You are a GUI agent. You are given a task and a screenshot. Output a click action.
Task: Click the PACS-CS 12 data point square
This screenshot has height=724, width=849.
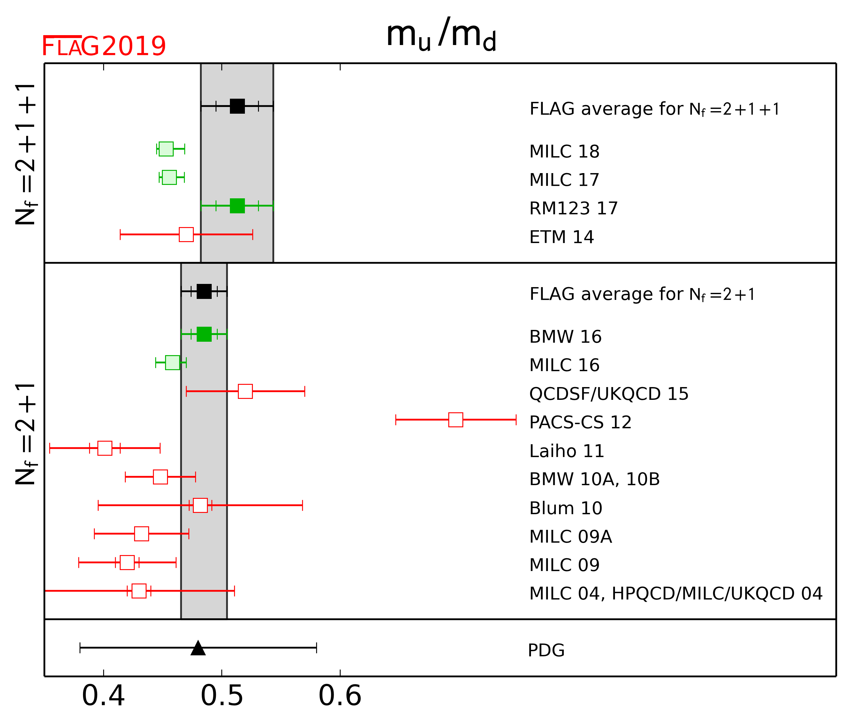(456, 420)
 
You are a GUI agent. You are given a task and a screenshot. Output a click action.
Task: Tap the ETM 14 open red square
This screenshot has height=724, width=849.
(186, 234)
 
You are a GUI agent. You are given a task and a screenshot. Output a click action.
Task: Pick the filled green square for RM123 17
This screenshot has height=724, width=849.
(237, 206)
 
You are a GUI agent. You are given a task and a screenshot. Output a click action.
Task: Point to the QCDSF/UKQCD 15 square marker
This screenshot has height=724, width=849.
(245, 391)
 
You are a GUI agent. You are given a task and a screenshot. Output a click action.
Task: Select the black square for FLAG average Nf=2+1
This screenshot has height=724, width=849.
(204, 291)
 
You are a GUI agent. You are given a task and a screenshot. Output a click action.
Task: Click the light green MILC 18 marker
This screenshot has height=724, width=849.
(166, 149)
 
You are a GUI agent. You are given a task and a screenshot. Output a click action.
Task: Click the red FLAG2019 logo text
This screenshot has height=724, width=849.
(104, 46)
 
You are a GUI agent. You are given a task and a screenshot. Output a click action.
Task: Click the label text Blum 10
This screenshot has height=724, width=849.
(565, 508)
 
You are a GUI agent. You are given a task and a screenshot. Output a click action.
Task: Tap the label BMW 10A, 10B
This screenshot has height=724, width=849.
(594, 479)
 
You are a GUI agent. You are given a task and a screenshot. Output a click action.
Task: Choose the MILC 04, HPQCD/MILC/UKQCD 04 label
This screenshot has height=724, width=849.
(676, 594)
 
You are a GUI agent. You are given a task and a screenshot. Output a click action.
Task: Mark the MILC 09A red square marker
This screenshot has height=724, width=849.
(141, 534)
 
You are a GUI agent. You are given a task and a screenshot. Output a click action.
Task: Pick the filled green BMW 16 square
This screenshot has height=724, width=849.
(204, 334)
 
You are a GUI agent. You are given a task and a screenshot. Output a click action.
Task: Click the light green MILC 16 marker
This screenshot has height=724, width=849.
(172, 362)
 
